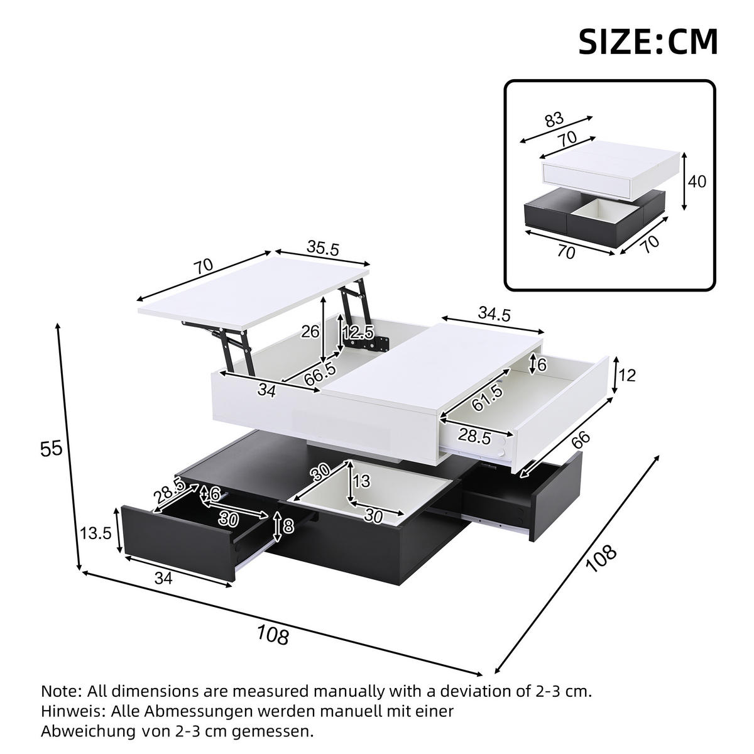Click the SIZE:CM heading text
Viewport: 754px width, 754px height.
(x=648, y=41)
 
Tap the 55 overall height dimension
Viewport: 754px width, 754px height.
(x=52, y=449)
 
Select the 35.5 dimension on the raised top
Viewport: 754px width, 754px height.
(x=322, y=249)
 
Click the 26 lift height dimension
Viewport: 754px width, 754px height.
(x=310, y=332)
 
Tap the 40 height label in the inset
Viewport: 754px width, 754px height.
(x=697, y=182)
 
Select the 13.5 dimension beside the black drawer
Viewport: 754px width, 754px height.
(x=96, y=533)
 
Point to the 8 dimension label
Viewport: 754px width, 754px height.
(x=288, y=525)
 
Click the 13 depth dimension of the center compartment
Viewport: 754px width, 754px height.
(x=363, y=481)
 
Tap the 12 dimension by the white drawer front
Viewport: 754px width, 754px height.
(x=627, y=376)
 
